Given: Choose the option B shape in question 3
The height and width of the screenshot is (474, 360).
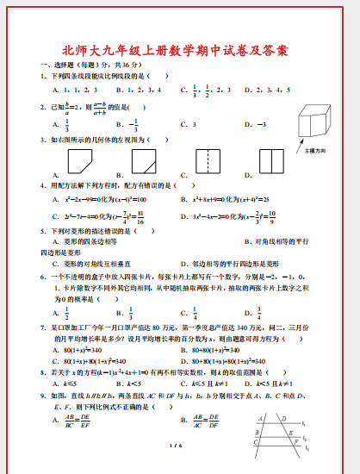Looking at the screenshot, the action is coord(143,161).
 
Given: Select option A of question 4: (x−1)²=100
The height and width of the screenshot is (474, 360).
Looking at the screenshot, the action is coord(97,199).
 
